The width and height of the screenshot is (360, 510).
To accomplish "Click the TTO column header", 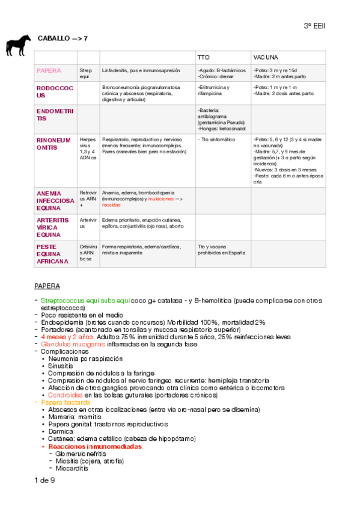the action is (x=204, y=57).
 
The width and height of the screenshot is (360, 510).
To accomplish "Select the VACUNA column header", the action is (x=266, y=57).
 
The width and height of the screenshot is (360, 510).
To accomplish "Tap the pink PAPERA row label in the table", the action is (x=49, y=70).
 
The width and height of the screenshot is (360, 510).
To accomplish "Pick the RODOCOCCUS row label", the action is (x=53, y=91).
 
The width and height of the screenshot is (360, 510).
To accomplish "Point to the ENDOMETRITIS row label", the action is (x=53, y=115).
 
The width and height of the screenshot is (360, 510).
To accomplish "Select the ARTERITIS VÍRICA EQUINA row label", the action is (x=53, y=227).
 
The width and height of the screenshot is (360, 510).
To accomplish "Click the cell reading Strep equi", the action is (x=85, y=73).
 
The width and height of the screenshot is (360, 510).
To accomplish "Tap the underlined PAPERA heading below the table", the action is (x=47, y=286).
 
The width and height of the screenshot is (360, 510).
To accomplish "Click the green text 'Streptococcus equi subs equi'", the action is (x=85, y=300).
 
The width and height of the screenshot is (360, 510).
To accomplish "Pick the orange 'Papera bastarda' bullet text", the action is (x=63, y=402).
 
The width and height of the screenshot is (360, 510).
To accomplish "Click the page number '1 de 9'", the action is (x=45, y=480).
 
